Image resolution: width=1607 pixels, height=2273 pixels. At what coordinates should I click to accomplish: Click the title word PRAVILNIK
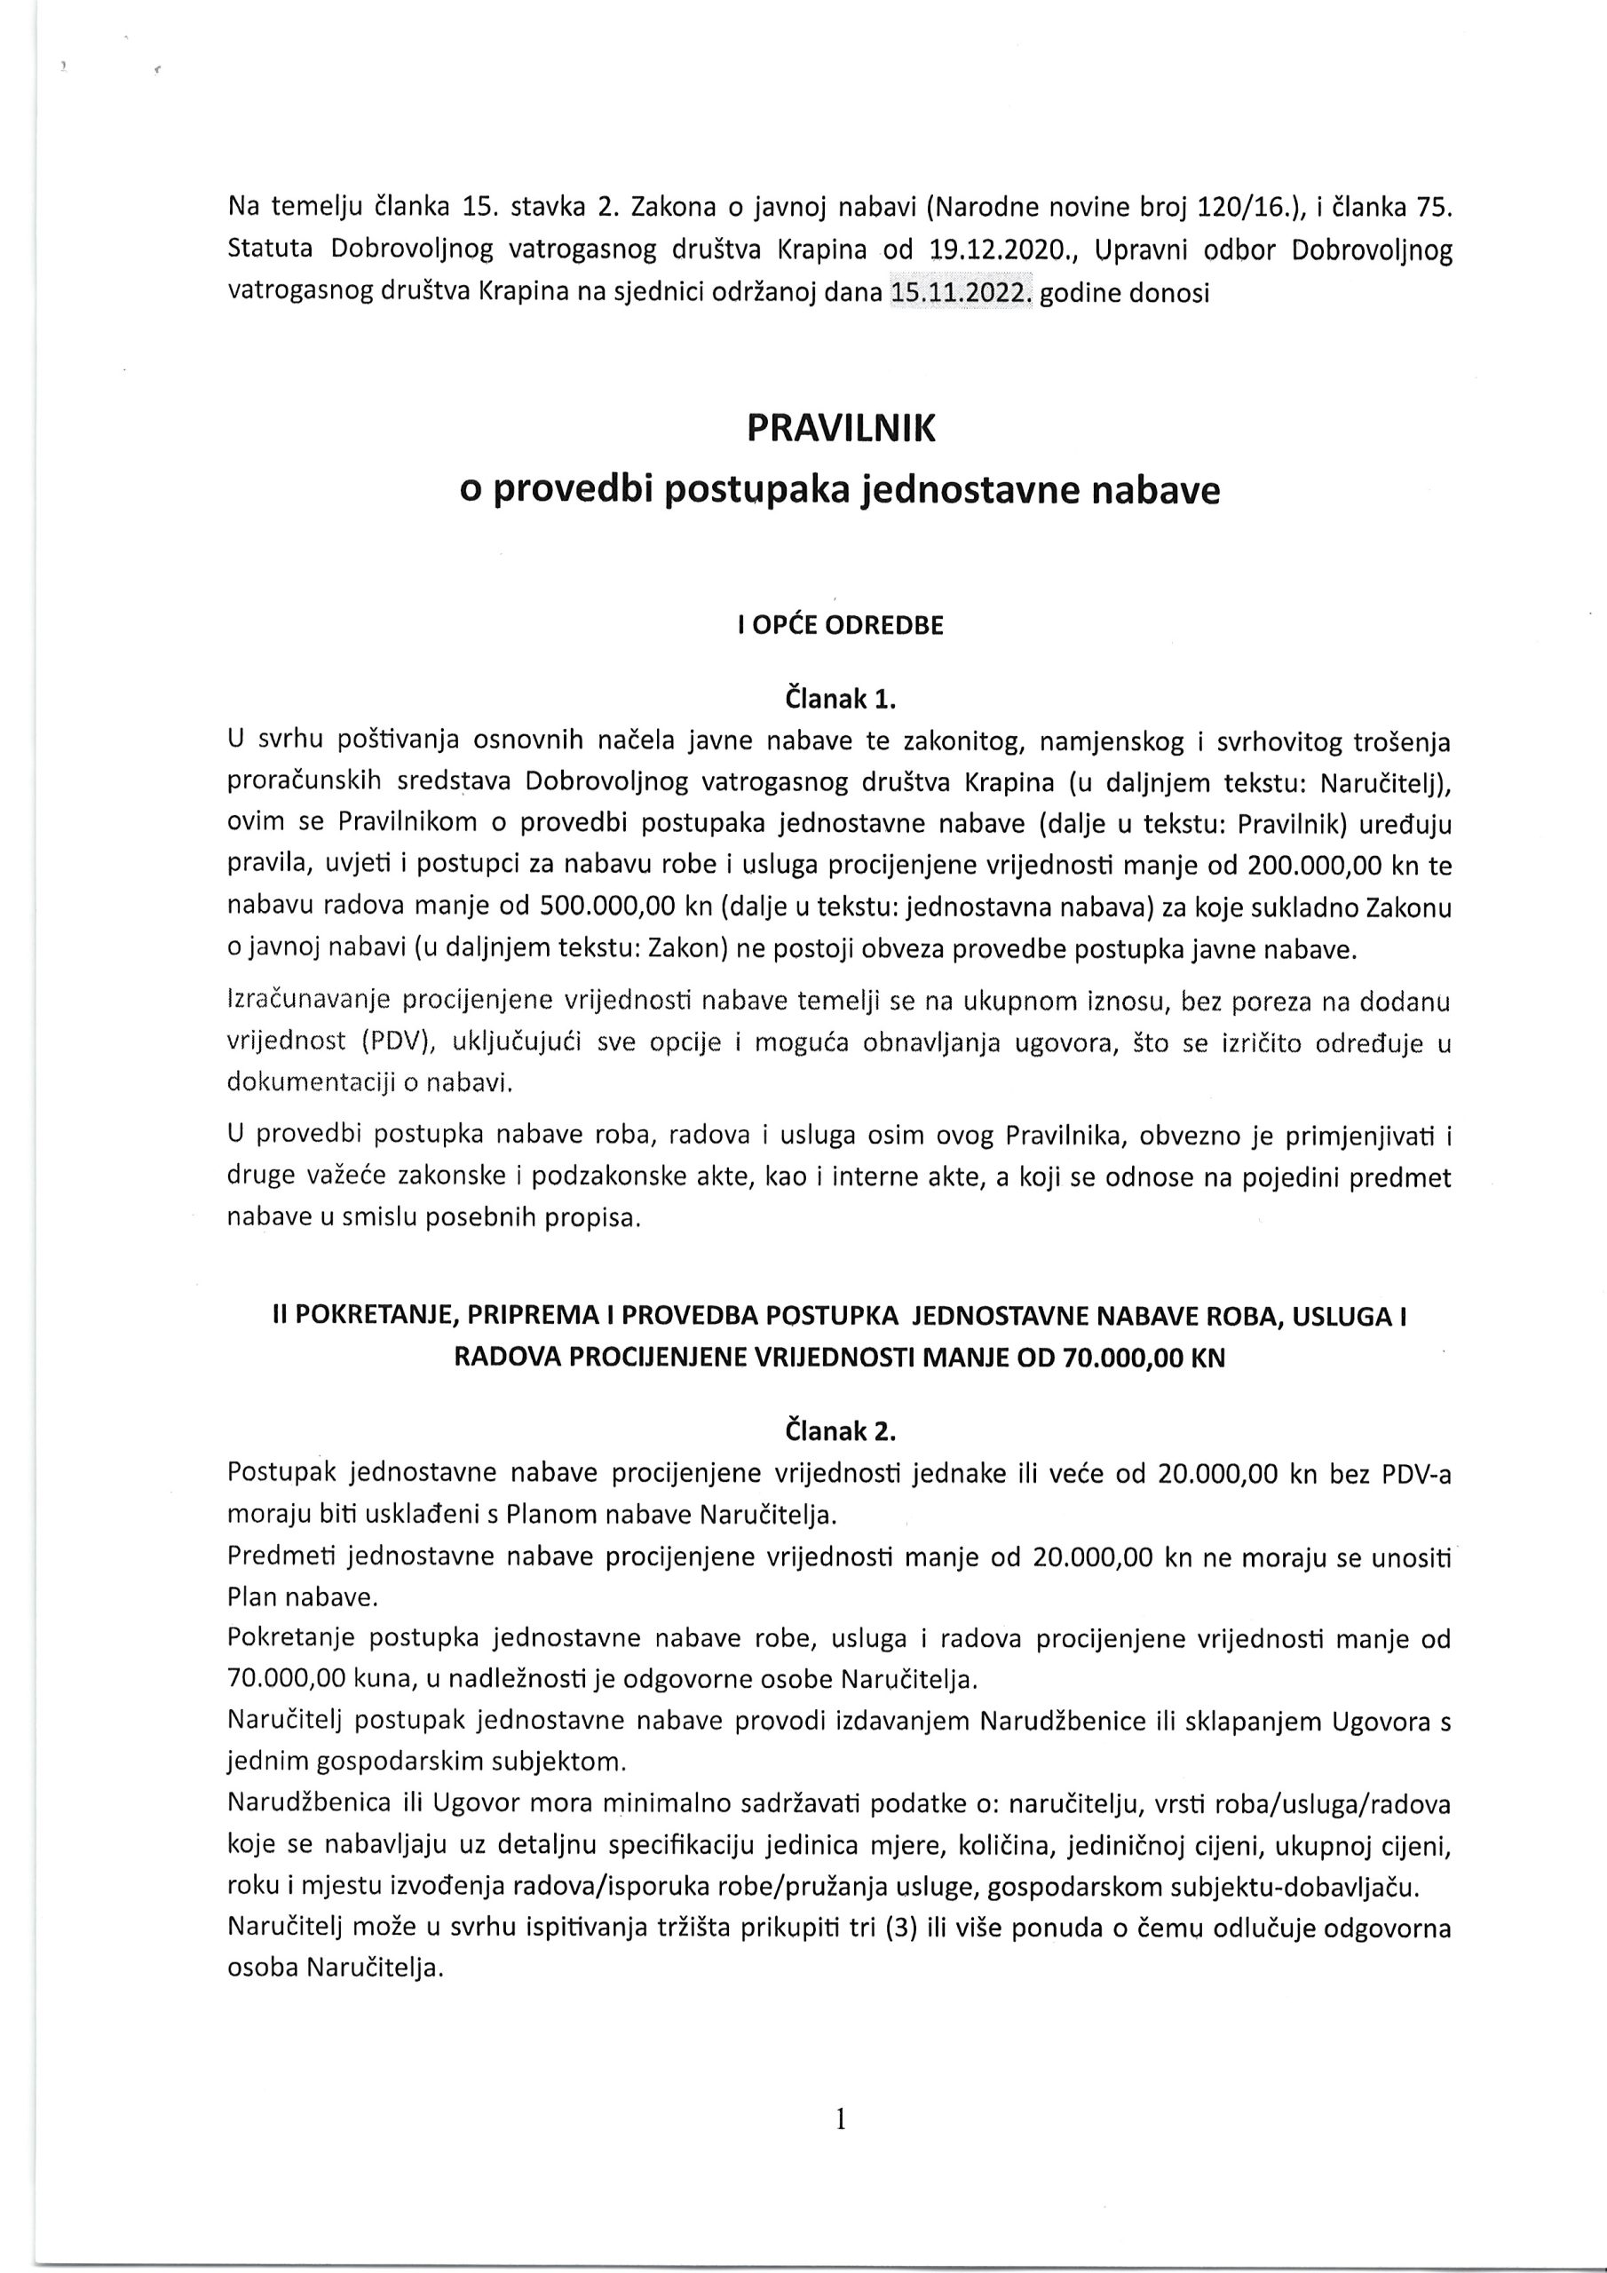(841, 429)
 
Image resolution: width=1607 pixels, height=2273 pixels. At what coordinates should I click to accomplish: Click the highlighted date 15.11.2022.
(961, 294)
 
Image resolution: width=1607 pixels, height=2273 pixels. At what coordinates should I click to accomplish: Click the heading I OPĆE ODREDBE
(841, 626)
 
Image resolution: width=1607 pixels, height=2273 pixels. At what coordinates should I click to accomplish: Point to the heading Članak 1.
(841, 699)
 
